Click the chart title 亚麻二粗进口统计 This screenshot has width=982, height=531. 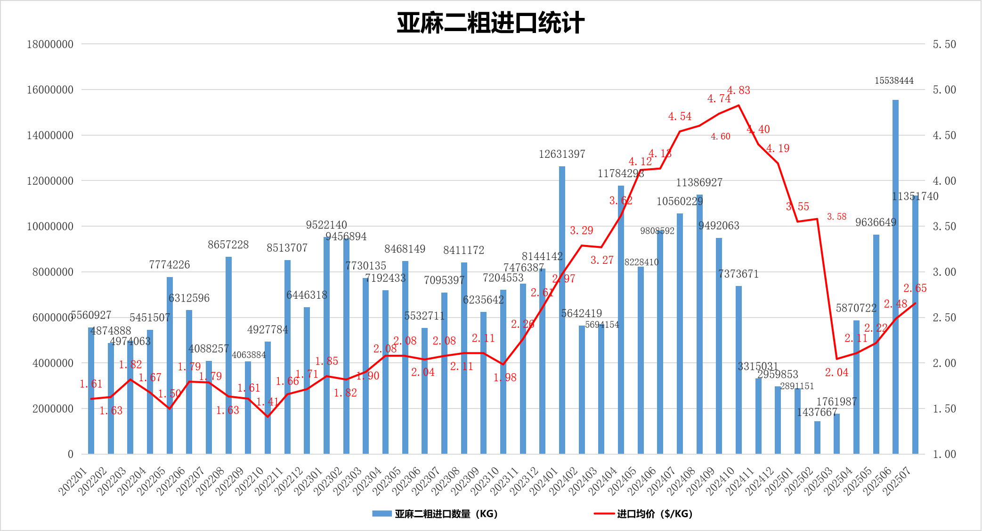[x=490, y=23]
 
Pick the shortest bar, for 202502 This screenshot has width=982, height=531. [x=817, y=438]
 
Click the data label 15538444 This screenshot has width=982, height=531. [x=894, y=81]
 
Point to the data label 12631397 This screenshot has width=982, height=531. [x=562, y=154]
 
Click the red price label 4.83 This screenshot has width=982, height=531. [x=739, y=90]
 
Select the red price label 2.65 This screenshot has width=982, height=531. [x=915, y=288]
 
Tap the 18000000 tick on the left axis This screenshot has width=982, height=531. [x=50, y=44]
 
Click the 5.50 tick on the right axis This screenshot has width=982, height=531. [x=944, y=44]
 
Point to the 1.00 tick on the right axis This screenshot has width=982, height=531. [x=944, y=454]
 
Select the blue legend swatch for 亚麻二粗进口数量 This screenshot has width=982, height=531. [x=381, y=514]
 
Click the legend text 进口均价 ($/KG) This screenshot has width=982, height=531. [x=655, y=514]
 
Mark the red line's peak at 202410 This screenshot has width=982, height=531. [x=739, y=105]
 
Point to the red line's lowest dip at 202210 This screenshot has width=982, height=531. [x=268, y=417]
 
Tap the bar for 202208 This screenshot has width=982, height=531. [x=228, y=355]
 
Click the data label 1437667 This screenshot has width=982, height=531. [x=817, y=412]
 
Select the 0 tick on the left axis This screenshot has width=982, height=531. [x=71, y=454]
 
